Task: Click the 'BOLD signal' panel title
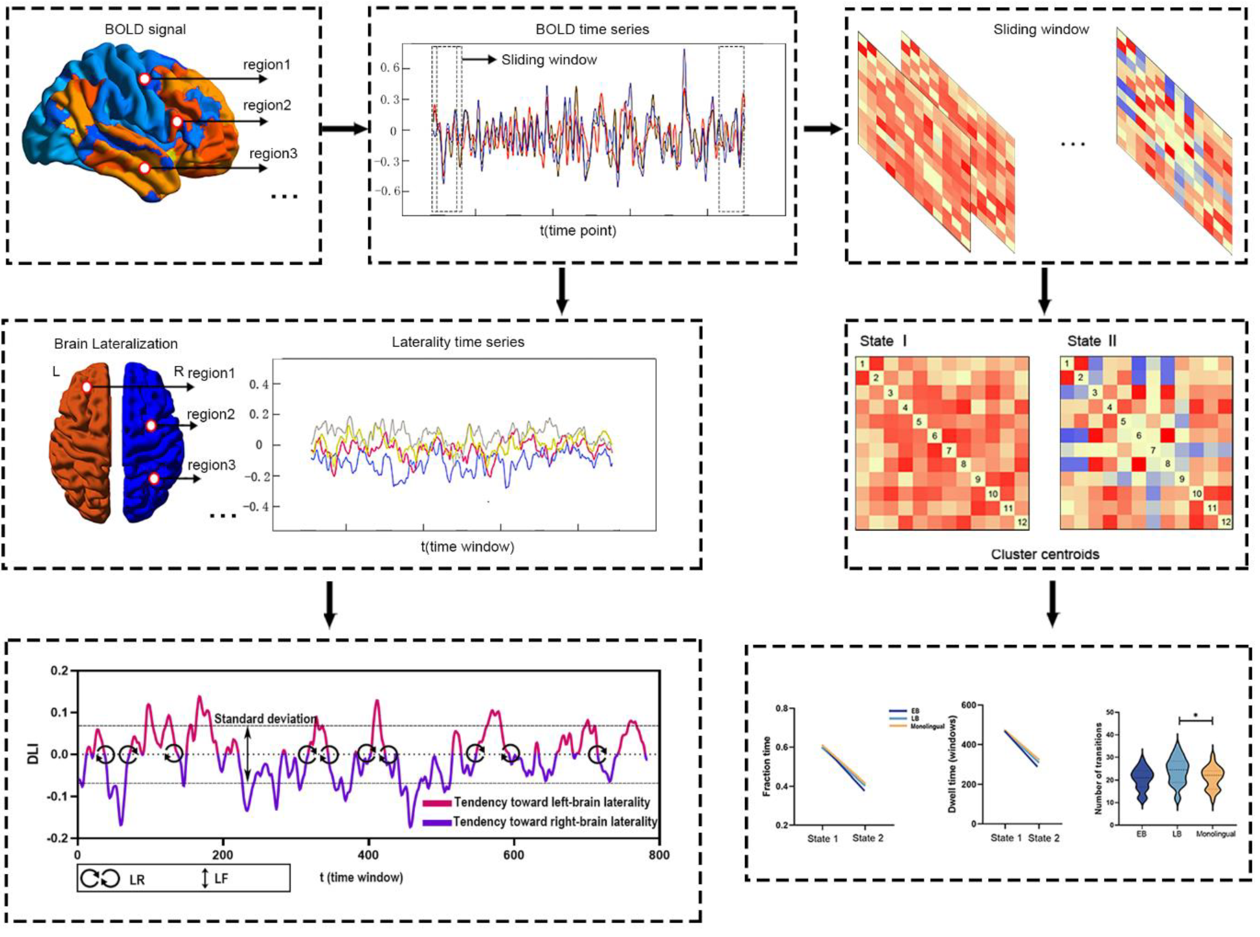145,29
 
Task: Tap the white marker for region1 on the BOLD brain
145,79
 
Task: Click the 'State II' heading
1092,341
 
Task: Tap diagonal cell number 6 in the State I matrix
934,436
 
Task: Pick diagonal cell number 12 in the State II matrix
1225,522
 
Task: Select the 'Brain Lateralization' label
116,344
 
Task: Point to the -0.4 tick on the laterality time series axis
256,506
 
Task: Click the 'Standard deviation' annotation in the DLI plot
265,719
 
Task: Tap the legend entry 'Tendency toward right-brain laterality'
554,821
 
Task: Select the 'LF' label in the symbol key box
221,879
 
